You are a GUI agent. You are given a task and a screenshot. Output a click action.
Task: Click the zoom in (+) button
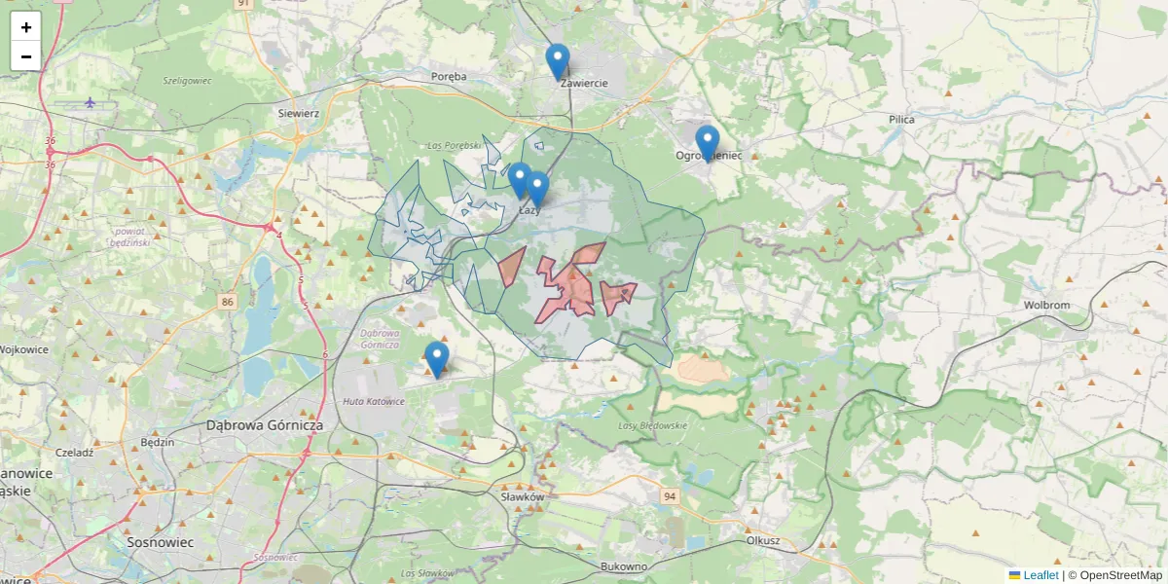(x=26, y=27)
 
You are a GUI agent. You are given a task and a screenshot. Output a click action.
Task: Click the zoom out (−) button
(x=26, y=56)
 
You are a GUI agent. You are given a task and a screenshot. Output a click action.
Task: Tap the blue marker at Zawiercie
(x=558, y=62)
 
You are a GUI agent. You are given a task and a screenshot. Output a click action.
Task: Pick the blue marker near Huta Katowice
(x=437, y=360)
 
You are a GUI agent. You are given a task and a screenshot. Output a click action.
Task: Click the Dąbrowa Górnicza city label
(x=265, y=425)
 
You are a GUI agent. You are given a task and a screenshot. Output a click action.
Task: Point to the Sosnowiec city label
(x=162, y=541)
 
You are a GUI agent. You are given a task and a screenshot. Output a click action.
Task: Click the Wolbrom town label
(x=1046, y=305)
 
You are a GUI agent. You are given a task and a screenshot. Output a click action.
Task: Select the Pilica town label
(x=901, y=119)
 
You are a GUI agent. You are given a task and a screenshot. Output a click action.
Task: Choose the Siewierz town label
(x=299, y=113)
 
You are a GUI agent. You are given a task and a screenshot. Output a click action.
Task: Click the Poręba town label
(x=449, y=76)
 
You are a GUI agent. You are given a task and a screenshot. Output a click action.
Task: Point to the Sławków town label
(x=522, y=496)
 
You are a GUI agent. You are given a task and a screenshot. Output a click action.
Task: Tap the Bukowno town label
(x=625, y=566)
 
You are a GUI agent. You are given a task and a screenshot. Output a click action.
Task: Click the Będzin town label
(x=157, y=442)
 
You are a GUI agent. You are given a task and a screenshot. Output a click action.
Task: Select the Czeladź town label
(x=74, y=453)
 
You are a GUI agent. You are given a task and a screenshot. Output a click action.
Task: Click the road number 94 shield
(x=669, y=496)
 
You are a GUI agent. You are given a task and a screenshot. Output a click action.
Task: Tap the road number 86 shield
(x=228, y=302)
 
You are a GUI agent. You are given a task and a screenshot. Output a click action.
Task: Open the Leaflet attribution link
(x=1040, y=575)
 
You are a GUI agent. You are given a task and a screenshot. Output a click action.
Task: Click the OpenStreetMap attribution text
(x=1120, y=575)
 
